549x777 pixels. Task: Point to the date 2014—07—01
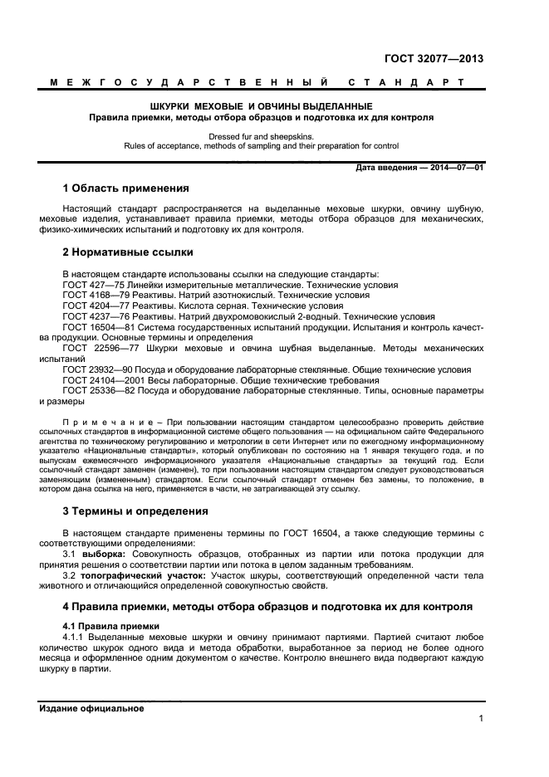[456, 169]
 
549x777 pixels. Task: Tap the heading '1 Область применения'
[126, 188]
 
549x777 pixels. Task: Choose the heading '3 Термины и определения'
[135, 511]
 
